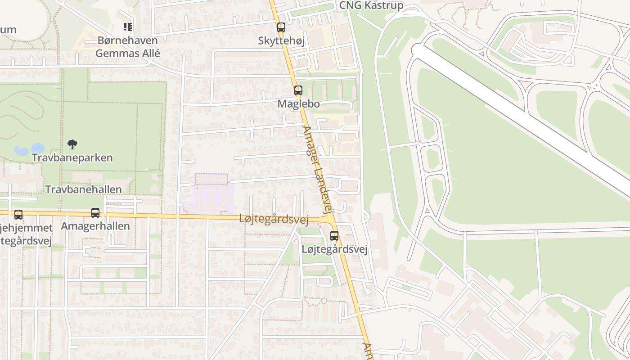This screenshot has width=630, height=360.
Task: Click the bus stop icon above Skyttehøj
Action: (281, 27)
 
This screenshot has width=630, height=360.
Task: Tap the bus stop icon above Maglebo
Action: (298, 90)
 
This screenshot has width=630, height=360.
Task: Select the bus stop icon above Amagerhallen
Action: (95, 213)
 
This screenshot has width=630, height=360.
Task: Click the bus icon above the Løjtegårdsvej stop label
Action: (334, 235)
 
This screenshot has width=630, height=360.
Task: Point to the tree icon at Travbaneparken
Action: (72, 144)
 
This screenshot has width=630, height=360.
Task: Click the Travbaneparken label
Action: (72, 158)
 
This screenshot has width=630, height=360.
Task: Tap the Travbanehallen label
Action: (84, 189)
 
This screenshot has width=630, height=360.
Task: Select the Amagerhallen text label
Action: (95, 226)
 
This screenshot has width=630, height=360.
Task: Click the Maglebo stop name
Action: (298, 103)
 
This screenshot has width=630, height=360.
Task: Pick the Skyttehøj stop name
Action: (281, 40)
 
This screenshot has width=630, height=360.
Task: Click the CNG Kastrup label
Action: (371, 6)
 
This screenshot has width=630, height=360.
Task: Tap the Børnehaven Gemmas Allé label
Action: (127, 47)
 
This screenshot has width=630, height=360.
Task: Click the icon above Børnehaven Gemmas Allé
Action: (127, 27)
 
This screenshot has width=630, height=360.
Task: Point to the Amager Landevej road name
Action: (318, 170)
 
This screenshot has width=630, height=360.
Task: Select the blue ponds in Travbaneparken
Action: (29, 149)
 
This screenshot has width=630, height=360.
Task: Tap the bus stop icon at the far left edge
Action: (18, 215)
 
